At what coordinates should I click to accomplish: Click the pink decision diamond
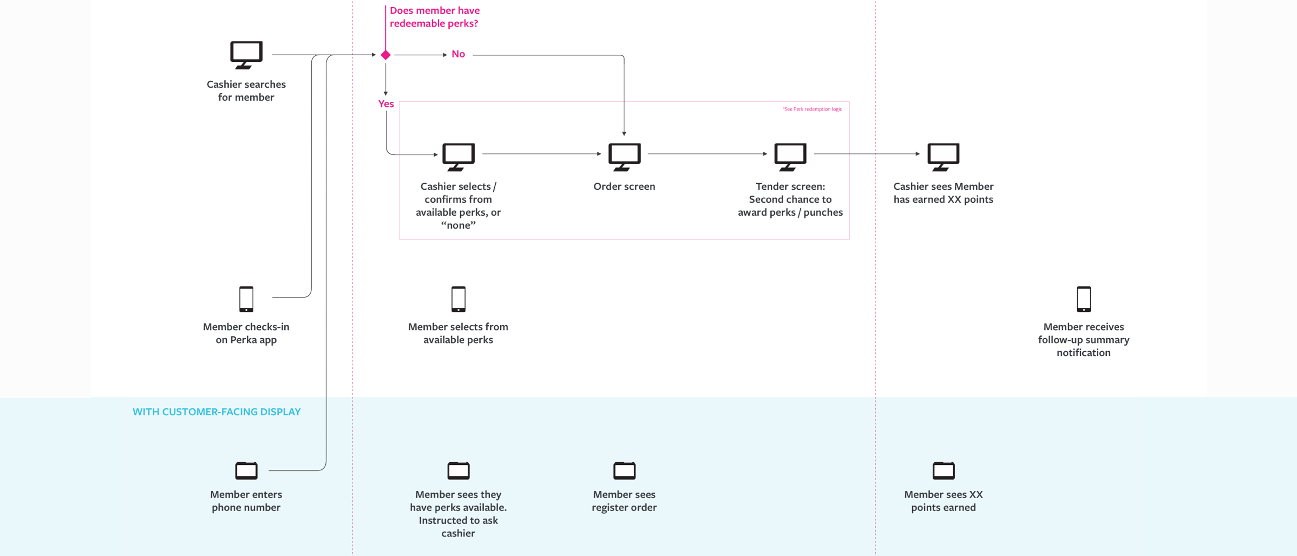pos(385,55)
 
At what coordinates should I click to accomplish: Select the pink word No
pos(458,54)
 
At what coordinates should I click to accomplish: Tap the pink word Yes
pos(386,104)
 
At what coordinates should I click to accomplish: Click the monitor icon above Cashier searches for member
pos(246,54)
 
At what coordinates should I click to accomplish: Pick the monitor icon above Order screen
pos(624,156)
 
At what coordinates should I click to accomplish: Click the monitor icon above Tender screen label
pos(790,156)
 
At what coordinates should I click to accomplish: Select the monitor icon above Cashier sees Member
pos(943,156)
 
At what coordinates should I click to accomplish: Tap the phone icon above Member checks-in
pos(246,299)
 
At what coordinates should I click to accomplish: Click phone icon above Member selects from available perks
pos(458,299)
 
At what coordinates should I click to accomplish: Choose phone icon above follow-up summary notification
pos(1083,299)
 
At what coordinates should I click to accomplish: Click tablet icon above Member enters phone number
pos(246,470)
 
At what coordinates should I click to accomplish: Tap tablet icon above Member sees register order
pos(624,470)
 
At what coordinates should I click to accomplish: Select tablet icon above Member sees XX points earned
pos(943,470)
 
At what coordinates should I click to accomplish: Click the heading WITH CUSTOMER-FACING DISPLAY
pos(217,412)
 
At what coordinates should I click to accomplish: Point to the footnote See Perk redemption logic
pos(812,109)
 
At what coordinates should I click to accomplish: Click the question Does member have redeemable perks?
pos(434,17)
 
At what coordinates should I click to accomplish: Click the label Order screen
pos(624,186)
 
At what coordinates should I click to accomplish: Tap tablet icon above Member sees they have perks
pos(458,470)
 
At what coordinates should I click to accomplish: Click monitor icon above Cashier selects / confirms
pos(458,156)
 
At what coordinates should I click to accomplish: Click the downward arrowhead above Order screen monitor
pos(624,133)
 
